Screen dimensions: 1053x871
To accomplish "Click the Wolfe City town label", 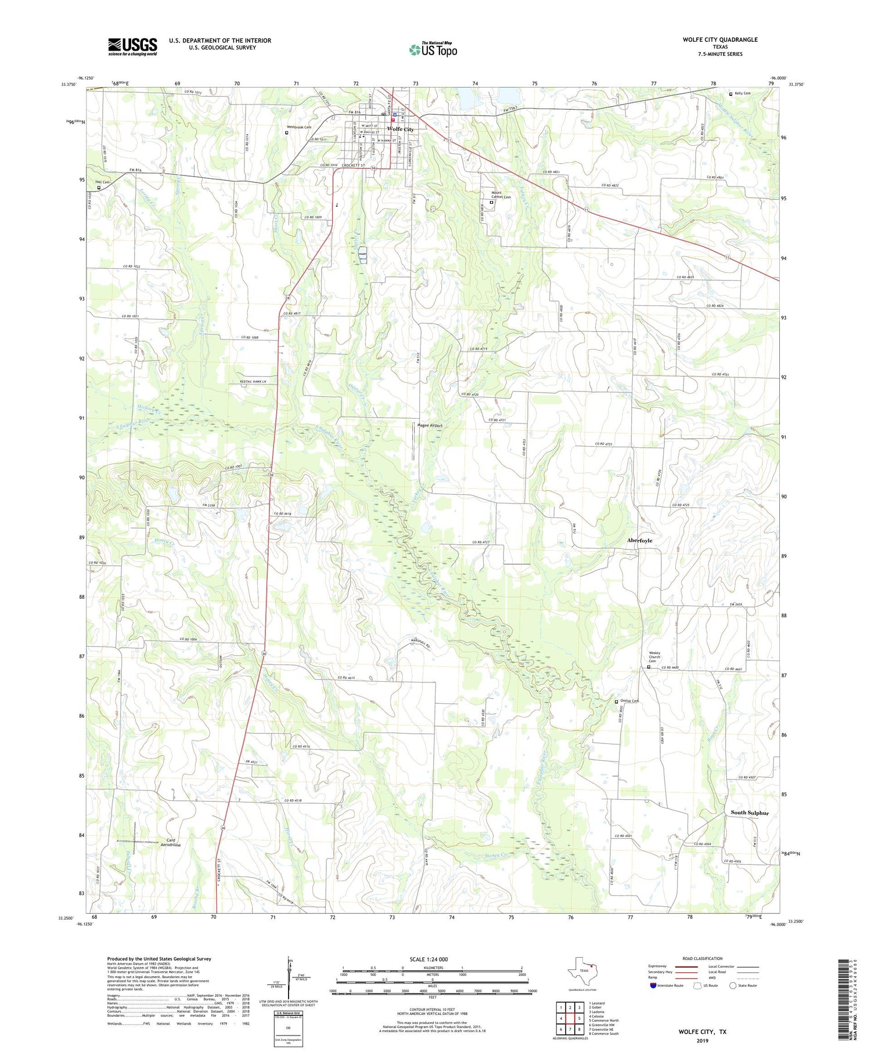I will (x=401, y=129).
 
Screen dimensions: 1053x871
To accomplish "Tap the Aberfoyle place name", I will (x=639, y=540).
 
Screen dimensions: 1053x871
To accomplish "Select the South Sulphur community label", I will (x=749, y=813).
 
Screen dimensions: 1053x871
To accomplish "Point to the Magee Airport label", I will (x=430, y=425).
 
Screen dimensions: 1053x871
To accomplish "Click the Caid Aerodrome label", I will (x=171, y=842).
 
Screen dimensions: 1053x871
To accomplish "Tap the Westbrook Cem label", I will (x=298, y=127).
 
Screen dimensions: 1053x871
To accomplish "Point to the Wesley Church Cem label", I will (x=654, y=657).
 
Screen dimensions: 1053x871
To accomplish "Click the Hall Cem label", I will (x=102, y=182).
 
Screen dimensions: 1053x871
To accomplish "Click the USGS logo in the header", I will (x=132, y=46).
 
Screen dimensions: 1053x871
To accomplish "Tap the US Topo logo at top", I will (x=433, y=49).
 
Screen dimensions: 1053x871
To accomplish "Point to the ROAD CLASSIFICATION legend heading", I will (x=703, y=958).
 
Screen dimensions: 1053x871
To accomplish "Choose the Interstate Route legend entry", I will (x=667, y=985).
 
